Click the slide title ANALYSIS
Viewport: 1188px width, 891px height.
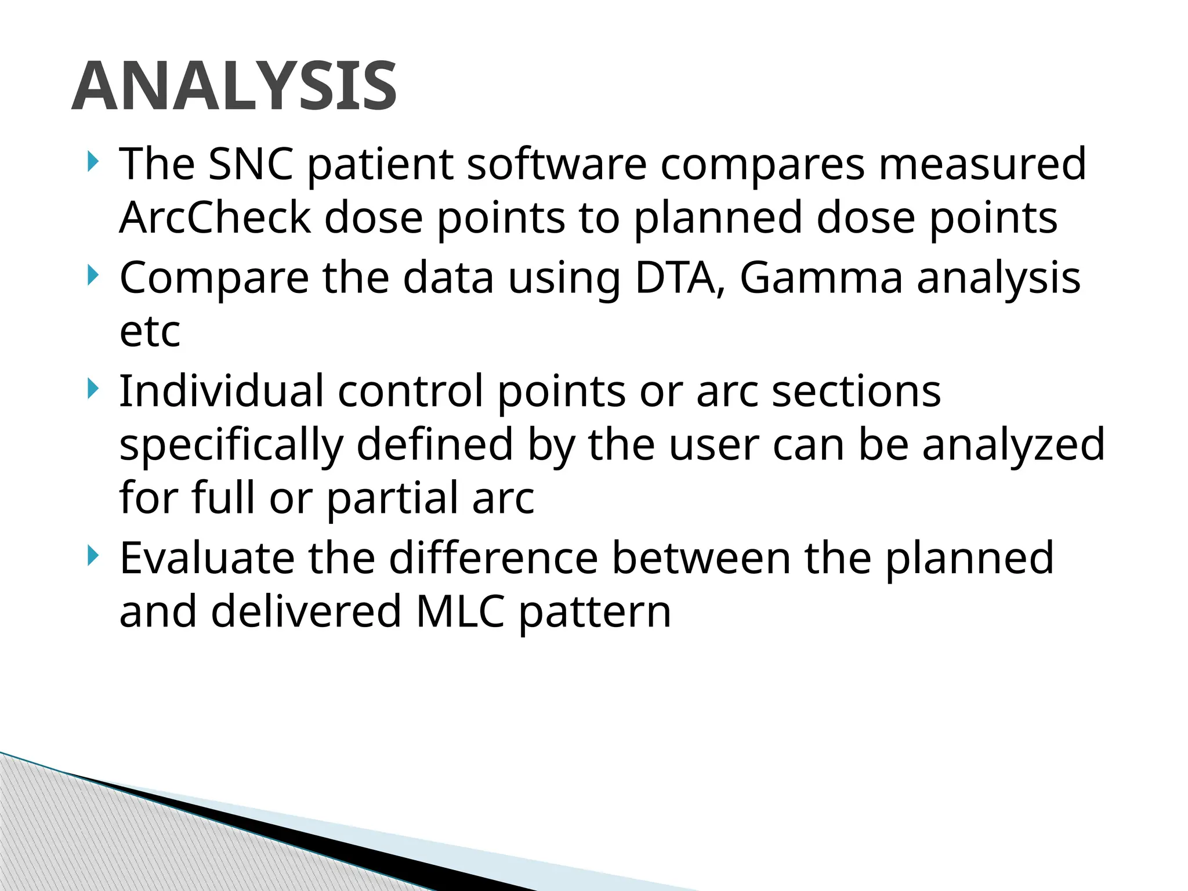coord(234,86)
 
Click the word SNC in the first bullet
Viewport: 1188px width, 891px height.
coord(251,164)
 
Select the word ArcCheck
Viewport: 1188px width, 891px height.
coord(215,218)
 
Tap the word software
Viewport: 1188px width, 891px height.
coord(557,164)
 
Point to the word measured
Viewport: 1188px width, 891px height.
coord(981,164)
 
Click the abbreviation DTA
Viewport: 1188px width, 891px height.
coord(680,278)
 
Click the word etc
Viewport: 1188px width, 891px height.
coord(150,331)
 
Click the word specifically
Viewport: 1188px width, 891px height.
coord(231,445)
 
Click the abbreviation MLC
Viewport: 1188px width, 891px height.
coord(460,611)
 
